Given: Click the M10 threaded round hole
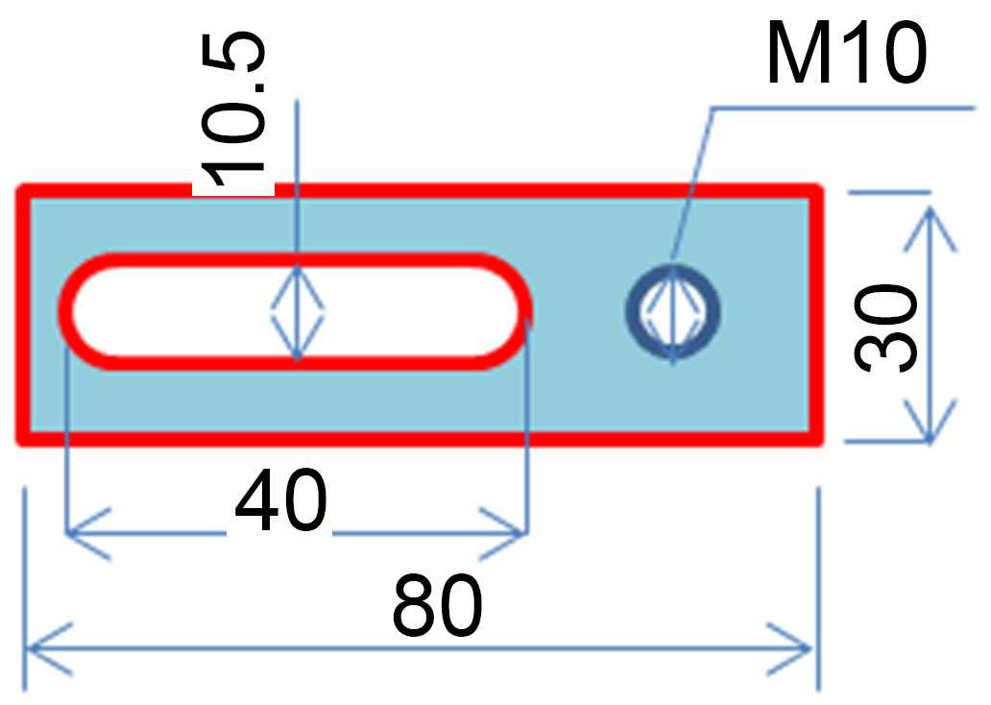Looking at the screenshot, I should (x=673, y=310).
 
